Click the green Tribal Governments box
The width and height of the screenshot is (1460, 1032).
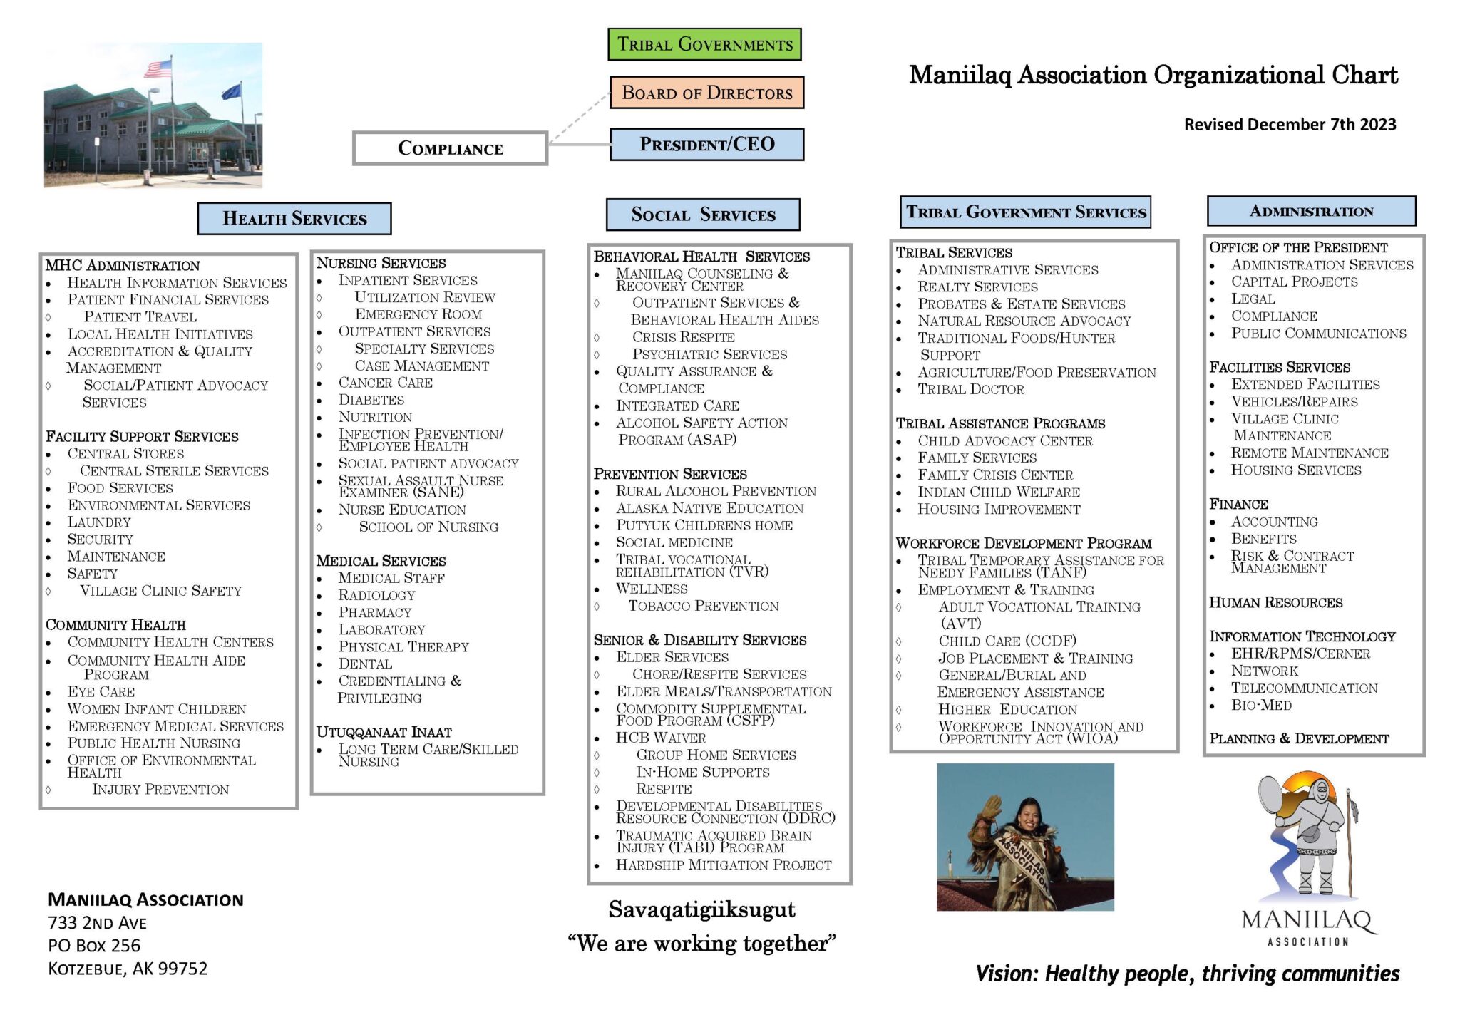[704, 44]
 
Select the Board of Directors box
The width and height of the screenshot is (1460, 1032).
[706, 93]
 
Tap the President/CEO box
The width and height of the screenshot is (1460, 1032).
[706, 144]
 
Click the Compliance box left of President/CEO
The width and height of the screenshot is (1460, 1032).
[450, 148]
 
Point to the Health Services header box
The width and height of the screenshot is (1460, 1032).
[294, 218]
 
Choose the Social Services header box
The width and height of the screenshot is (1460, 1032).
[703, 215]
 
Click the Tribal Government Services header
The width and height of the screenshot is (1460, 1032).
[1025, 212]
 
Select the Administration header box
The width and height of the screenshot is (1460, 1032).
[1311, 211]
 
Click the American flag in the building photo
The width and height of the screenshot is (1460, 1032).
[158, 68]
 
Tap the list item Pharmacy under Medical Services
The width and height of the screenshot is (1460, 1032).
[375, 612]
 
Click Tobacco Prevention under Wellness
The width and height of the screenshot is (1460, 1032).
[703, 606]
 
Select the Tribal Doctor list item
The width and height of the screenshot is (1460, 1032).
[970, 389]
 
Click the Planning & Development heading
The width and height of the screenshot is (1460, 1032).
[1298, 738]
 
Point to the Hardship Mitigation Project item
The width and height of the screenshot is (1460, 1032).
[723, 865]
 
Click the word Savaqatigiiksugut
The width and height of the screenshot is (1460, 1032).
[701, 909]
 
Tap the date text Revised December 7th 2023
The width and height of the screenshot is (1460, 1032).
[1290, 125]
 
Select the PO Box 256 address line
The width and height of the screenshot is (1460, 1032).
[94, 946]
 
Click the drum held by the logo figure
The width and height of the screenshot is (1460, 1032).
[1270, 795]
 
